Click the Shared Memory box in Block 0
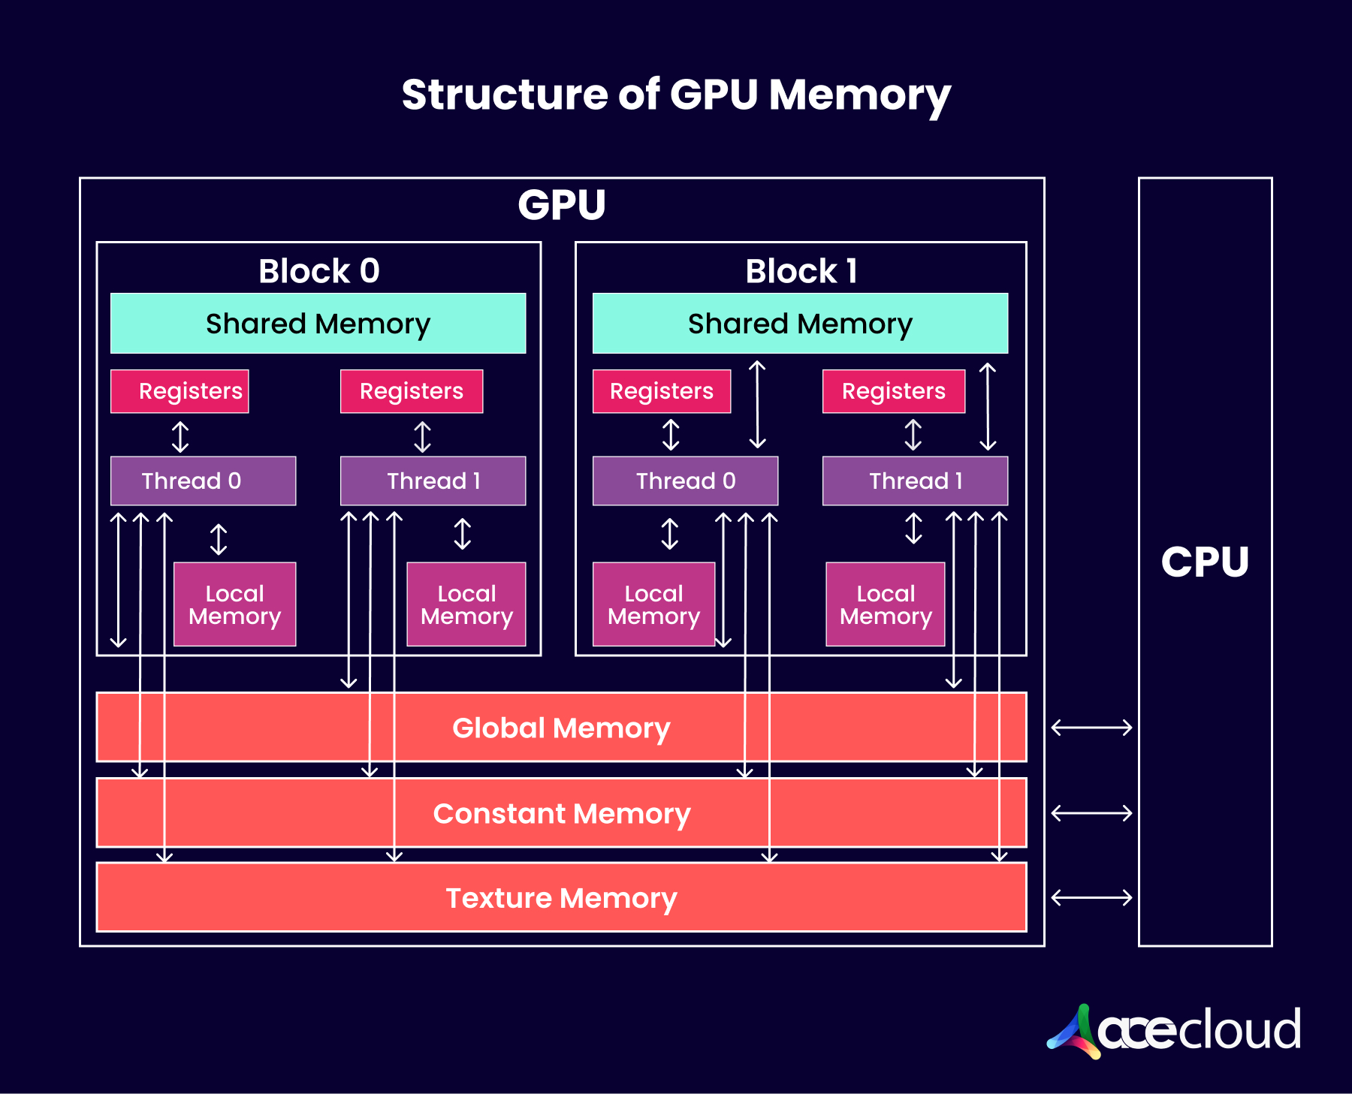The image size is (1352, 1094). (x=318, y=323)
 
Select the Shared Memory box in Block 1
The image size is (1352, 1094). (x=800, y=323)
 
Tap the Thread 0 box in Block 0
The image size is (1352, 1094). (x=203, y=481)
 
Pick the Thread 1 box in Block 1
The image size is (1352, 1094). (x=915, y=481)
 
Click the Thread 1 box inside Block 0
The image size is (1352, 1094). (x=433, y=481)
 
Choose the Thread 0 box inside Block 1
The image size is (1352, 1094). (x=685, y=481)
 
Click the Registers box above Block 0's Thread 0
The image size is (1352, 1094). (x=180, y=391)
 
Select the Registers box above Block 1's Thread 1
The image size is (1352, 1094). (x=894, y=391)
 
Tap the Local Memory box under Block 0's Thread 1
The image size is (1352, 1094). (x=466, y=604)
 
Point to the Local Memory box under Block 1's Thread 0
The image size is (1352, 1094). (x=653, y=604)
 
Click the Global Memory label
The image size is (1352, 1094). (x=561, y=728)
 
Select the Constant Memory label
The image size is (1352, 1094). (x=562, y=813)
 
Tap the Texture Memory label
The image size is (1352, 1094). (x=562, y=898)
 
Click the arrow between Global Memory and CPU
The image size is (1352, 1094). (x=1091, y=727)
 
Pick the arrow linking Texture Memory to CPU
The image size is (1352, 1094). (x=1091, y=897)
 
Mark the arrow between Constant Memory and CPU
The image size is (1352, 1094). (x=1091, y=812)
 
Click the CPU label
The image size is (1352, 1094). (x=1205, y=562)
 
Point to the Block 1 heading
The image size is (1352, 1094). (x=801, y=270)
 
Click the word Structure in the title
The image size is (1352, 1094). (x=505, y=95)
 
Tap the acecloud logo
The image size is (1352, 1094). (x=1174, y=1031)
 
